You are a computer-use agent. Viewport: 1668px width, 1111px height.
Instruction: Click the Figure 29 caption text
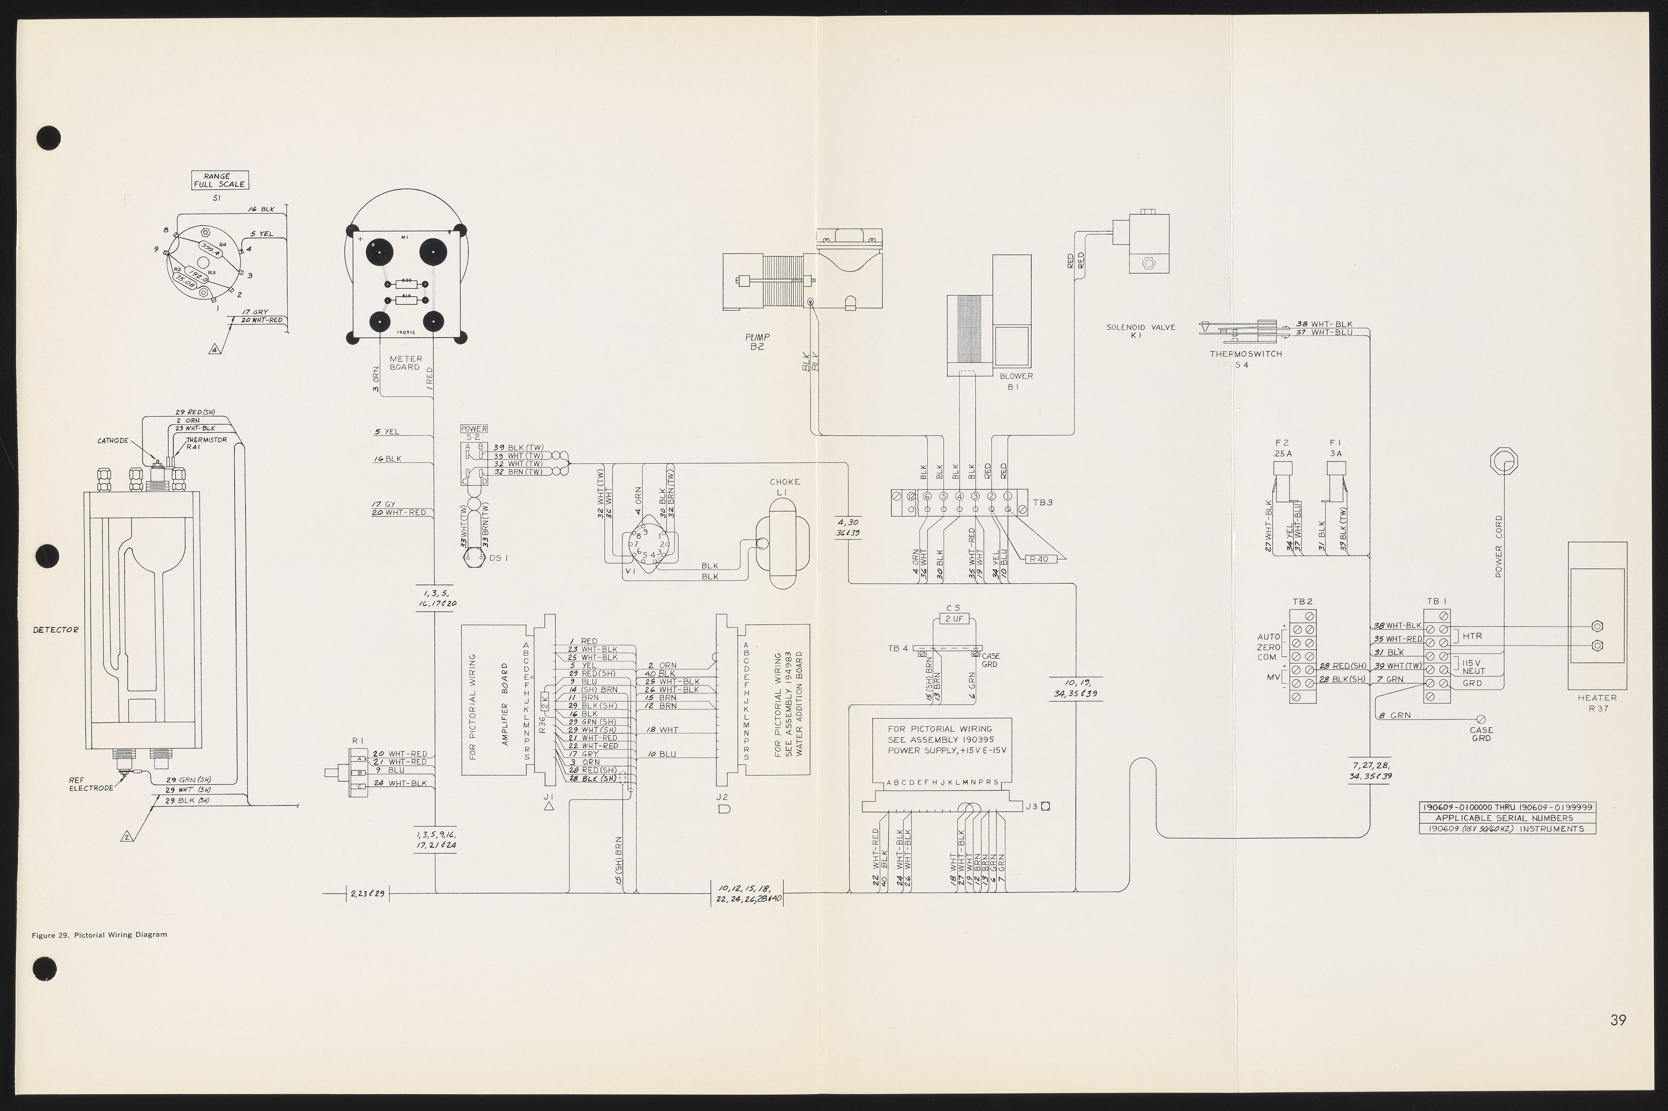pos(99,935)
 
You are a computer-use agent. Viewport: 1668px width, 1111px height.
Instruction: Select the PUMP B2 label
pos(757,341)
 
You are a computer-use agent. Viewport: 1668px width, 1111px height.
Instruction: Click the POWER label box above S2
pos(474,429)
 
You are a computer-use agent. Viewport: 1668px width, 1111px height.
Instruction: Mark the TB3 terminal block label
pos(1042,502)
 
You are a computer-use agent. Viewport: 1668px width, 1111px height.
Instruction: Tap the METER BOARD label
pos(405,363)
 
